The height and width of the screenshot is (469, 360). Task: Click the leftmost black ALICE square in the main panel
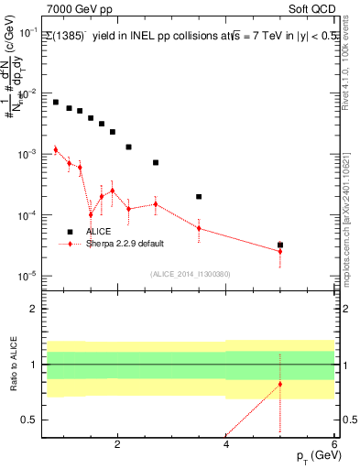pyautogui.click(x=56, y=102)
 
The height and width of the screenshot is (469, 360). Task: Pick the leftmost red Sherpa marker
pyautogui.click(x=56, y=149)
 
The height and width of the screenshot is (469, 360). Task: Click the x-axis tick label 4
pyautogui.click(x=226, y=444)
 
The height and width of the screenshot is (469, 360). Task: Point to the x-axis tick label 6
pyautogui.click(x=334, y=444)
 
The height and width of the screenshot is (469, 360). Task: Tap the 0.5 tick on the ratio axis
pyautogui.click(x=30, y=420)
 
